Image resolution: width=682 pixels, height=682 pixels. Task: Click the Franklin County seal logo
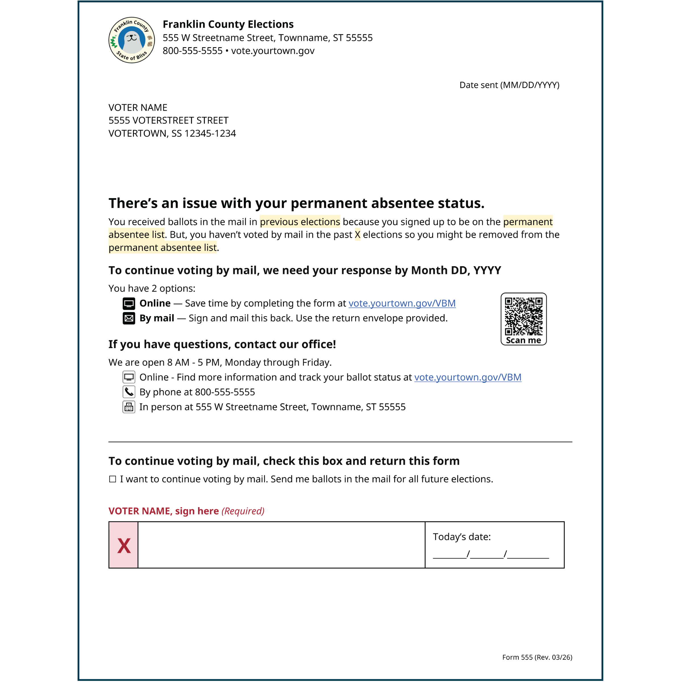131,40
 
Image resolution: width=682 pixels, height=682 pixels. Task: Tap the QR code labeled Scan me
523,317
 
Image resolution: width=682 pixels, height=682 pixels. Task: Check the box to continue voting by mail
113,479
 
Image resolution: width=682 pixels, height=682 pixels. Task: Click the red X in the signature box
124,546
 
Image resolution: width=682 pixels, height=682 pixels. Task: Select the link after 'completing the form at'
402,303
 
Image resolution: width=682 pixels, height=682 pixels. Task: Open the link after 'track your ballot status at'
467,377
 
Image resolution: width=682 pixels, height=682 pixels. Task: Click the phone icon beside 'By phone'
129,392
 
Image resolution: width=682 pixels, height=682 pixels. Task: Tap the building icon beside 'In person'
129,407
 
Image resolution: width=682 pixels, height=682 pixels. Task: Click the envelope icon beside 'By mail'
129,318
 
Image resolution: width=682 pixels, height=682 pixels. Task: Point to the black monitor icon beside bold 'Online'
129,303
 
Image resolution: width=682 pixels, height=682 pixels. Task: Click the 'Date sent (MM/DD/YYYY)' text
509,85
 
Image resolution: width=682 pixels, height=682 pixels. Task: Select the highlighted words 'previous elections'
300,222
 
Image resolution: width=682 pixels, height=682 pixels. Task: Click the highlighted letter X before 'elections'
357,235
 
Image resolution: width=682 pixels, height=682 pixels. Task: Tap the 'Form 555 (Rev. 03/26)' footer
537,657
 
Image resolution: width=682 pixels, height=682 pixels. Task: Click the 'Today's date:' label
461,537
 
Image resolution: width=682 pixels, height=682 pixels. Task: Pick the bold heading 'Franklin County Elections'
228,24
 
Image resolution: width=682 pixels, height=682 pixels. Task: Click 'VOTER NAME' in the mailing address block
138,107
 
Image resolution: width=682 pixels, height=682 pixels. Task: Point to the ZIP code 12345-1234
210,134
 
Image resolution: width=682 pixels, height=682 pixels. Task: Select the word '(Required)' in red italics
243,511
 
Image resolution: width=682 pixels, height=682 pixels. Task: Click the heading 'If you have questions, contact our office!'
222,344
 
